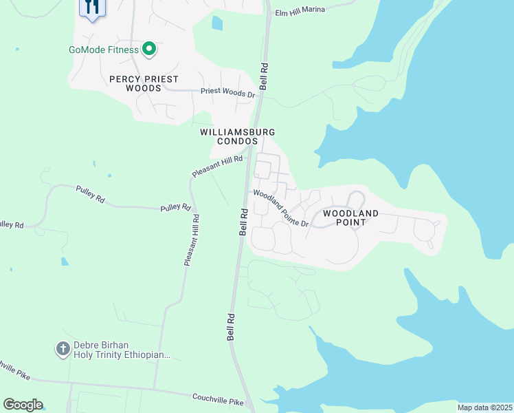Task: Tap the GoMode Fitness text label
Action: point(103,50)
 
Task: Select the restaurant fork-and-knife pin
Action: point(91,8)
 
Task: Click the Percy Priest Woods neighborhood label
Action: point(144,83)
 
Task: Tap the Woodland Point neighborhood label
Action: point(350,218)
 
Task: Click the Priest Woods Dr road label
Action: point(227,92)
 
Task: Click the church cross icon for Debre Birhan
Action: point(63,349)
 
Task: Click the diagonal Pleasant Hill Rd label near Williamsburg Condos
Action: point(218,167)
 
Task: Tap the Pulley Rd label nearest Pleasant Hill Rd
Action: point(175,207)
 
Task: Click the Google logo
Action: point(23,404)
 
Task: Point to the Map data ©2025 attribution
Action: point(484,407)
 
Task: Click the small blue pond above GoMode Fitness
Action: point(218,23)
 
